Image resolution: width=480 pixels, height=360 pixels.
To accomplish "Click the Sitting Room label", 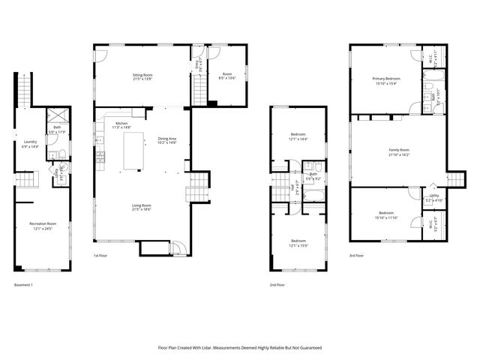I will click(x=142, y=75).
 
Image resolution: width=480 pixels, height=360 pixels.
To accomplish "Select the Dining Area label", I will click(x=167, y=139).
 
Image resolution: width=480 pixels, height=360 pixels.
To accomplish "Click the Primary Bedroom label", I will click(x=386, y=79).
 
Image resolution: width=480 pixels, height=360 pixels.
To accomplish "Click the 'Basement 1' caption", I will click(x=23, y=285).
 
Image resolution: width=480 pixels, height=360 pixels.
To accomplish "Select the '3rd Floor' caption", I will click(x=357, y=256).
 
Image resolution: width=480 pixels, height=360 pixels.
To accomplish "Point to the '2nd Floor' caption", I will click(x=277, y=285).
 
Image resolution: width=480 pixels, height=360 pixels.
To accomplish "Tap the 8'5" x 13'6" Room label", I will click(x=226, y=75).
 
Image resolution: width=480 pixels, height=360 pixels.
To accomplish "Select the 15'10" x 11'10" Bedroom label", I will click(x=386, y=214).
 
